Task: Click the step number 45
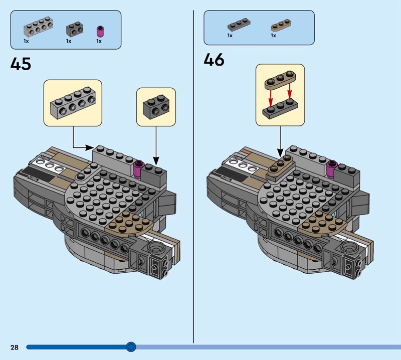[21, 64]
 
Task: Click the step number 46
[214, 60]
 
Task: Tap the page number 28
[15, 347]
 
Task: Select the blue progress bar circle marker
[131, 347]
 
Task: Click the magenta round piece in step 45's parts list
[100, 32]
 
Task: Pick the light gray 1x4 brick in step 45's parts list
[39, 27]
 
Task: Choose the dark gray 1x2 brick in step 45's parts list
[75, 29]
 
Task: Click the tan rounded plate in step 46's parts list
[281, 25]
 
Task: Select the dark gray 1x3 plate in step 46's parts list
[239, 25]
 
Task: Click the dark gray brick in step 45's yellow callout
[156, 107]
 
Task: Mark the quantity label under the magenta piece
[99, 41]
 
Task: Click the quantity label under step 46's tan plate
[273, 36]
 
